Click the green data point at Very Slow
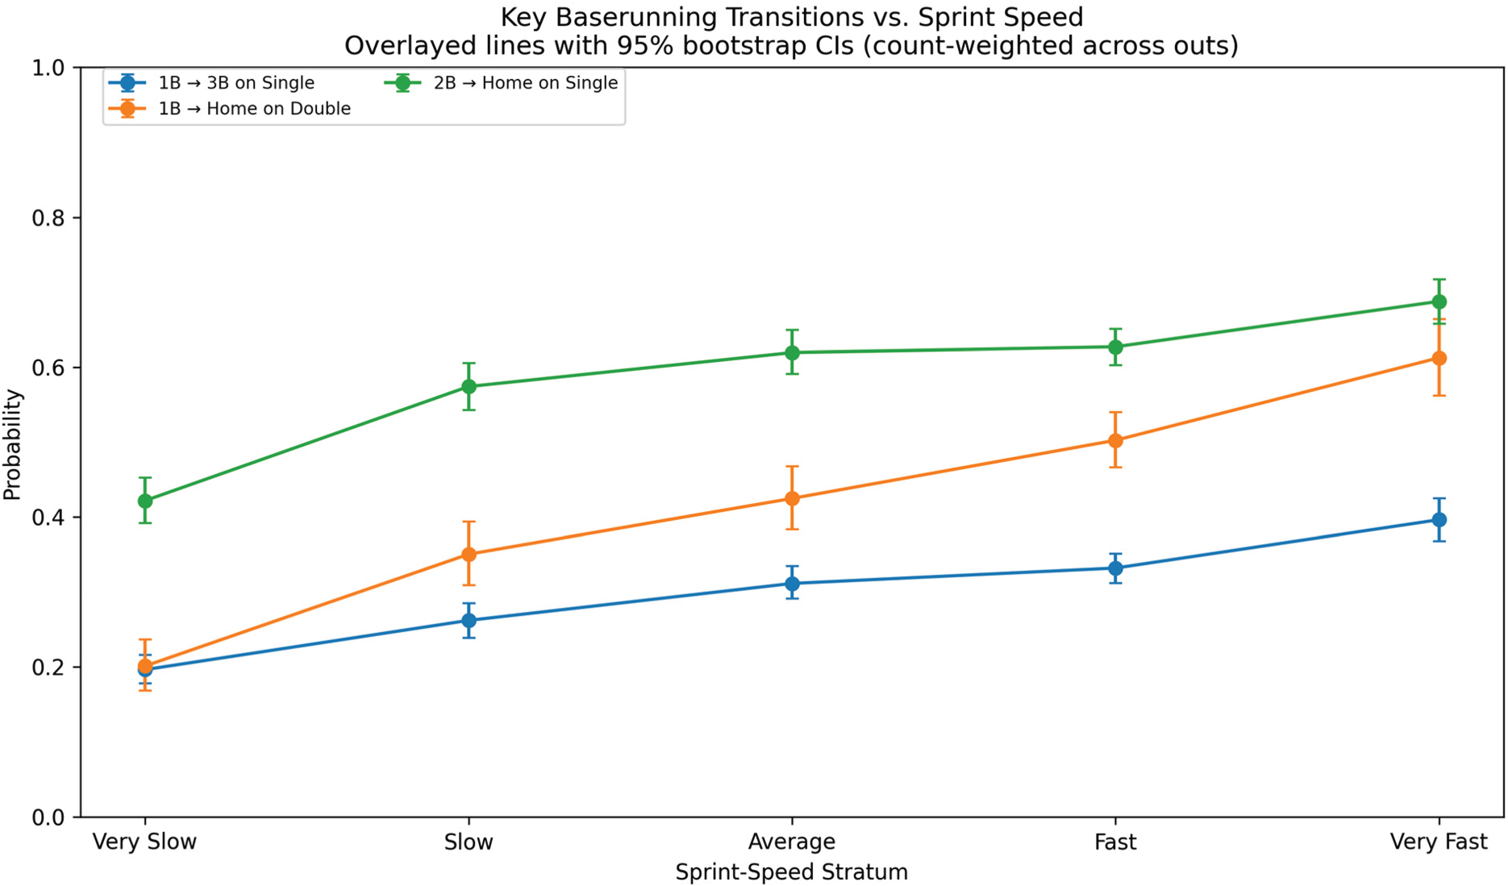(x=145, y=501)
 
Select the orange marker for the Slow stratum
(x=469, y=554)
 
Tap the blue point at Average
(x=792, y=584)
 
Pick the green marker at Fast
(x=1115, y=347)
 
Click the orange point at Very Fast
(x=1439, y=358)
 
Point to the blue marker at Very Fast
(x=1439, y=520)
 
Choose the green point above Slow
(x=469, y=386)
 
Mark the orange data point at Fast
(x=1115, y=440)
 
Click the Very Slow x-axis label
(x=145, y=842)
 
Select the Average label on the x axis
(x=792, y=842)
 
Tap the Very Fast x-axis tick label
(x=1439, y=842)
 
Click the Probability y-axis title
(x=13, y=444)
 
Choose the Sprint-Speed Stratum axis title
(x=792, y=872)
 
